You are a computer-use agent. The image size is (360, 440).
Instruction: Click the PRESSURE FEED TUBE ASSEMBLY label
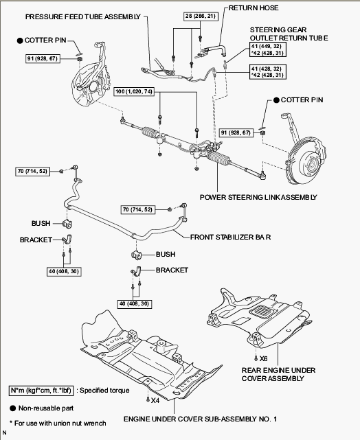click(x=83, y=17)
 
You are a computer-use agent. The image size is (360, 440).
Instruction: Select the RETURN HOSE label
click(x=254, y=8)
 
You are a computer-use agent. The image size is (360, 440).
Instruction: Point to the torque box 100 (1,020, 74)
click(x=134, y=91)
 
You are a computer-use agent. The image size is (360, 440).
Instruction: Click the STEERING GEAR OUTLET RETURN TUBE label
click(x=289, y=34)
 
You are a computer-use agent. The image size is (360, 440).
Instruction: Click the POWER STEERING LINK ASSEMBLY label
click(x=258, y=197)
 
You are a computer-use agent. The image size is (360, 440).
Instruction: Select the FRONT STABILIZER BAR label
click(x=231, y=237)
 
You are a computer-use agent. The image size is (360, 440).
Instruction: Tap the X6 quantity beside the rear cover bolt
click(x=263, y=358)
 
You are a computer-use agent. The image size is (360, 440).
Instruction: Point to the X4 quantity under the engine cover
click(x=155, y=400)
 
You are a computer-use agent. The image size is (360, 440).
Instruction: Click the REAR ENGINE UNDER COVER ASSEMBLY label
click(x=278, y=374)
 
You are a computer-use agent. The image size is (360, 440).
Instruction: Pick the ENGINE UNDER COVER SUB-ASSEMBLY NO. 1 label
click(x=200, y=419)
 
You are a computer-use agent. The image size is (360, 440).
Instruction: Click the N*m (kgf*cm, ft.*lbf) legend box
click(x=41, y=391)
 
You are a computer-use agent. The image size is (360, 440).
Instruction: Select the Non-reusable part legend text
click(x=46, y=408)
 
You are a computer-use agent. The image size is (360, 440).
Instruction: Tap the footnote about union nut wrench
click(x=58, y=423)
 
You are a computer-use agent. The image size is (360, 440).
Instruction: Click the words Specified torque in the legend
click(x=104, y=391)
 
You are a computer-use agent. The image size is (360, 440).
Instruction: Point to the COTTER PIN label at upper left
click(x=45, y=40)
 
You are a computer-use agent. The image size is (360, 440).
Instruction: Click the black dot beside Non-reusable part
click(x=12, y=408)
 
